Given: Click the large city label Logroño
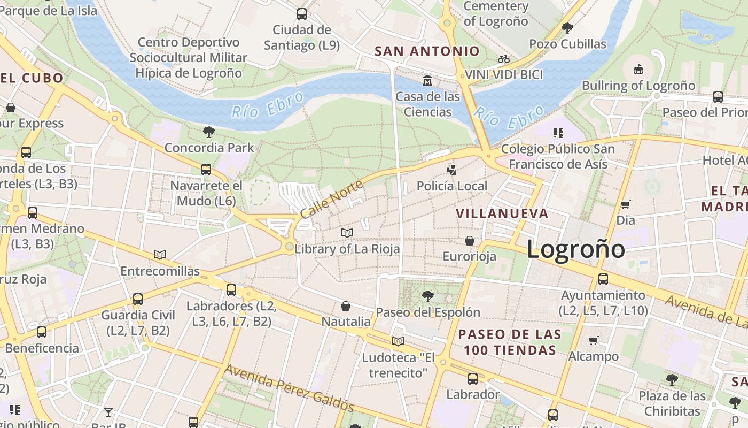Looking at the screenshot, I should pos(575,250).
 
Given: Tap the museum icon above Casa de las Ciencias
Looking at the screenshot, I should pos(427,81).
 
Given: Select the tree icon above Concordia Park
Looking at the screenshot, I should pos(209,132).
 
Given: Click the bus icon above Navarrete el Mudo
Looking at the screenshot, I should pos(206,170).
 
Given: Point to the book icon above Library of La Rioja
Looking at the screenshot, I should pos(347,233).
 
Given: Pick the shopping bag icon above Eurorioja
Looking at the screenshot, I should pos(470,241).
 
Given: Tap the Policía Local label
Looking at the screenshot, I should pos(452,186).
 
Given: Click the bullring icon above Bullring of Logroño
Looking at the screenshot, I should pos(638,69).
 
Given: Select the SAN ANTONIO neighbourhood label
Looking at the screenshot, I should pos(427,51).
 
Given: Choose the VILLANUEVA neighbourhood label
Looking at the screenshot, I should pos(502,213).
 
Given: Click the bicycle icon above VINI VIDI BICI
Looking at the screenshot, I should pos(503,59).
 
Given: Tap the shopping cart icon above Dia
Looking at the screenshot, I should pos(625,204).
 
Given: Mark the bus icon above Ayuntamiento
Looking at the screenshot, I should pos(603,279).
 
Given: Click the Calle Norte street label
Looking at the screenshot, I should pos(331,199).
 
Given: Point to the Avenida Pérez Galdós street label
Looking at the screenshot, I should pos(289,388).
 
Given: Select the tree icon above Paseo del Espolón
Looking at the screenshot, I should pos(427,296).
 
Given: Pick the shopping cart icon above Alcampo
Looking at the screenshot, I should pos(593,340).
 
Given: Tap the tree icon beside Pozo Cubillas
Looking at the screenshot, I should pos(567,28).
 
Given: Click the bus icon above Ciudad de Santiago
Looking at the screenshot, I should pos(302,14).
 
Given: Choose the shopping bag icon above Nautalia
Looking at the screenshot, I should pos(346,306).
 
